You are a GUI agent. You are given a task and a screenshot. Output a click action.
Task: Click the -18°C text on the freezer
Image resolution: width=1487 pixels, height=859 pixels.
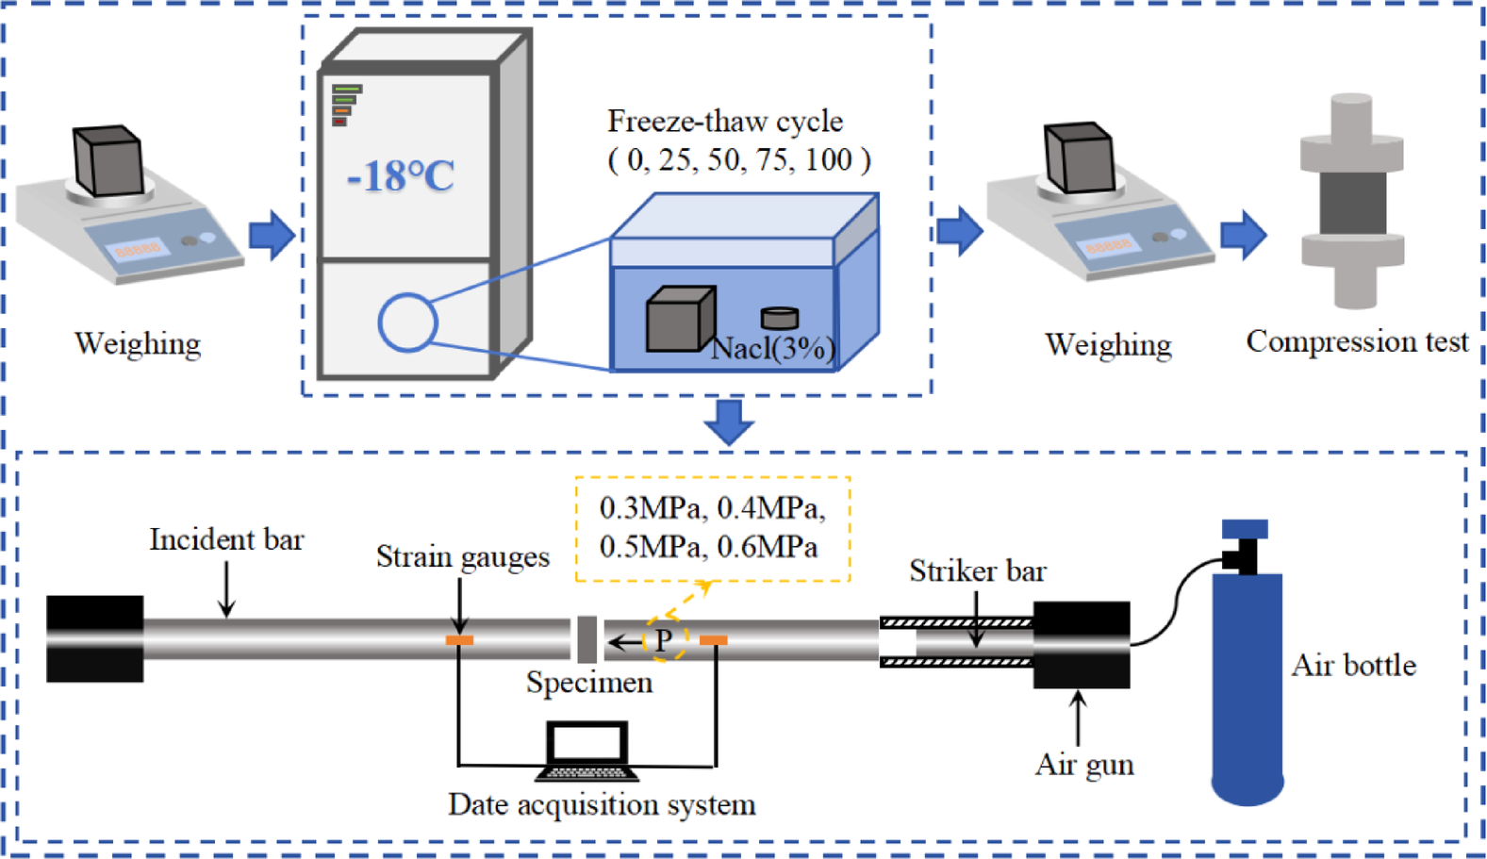coord(401,176)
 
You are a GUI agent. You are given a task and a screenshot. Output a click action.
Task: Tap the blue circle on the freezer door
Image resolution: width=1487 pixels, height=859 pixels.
coord(407,322)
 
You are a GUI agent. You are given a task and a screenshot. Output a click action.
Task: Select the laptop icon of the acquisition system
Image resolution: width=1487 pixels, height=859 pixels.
coord(587,751)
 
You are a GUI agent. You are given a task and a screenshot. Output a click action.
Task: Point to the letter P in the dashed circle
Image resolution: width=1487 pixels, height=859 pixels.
coord(664,641)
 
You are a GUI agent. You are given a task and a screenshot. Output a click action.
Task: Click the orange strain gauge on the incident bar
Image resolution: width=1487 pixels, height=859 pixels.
coord(459,640)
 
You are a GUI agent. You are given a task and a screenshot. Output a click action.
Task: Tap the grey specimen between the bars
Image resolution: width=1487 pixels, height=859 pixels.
coord(587,639)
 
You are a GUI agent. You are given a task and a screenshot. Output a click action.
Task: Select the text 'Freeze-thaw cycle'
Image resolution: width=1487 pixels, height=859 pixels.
coord(724,122)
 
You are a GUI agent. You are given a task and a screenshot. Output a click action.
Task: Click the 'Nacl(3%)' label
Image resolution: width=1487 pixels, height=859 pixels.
coord(772,349)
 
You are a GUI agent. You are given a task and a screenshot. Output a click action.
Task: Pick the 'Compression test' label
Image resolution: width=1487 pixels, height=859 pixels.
coord(1356,341)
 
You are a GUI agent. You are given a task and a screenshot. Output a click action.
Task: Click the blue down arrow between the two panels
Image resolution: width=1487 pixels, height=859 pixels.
coord(729,421)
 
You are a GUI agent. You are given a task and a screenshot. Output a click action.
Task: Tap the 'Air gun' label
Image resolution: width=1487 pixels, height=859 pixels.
coord(1084,765)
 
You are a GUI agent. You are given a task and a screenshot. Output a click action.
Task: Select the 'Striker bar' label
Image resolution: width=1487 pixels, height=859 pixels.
coord(977,571)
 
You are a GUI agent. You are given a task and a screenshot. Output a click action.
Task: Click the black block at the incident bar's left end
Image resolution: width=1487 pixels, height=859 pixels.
coord(95,638)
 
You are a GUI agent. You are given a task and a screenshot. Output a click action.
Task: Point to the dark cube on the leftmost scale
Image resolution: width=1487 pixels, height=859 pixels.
coord(109,160)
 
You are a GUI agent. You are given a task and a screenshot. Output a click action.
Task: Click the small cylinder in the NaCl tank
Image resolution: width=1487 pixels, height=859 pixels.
coord(780,318)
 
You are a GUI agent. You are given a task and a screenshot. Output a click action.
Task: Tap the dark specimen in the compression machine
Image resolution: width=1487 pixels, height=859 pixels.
coord(1352,202)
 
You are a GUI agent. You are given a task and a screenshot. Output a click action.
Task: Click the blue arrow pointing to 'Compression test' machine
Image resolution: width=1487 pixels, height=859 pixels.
coord(1243,235)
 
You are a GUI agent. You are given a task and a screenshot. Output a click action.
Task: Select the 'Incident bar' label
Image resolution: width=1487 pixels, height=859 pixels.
coord(226,540)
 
